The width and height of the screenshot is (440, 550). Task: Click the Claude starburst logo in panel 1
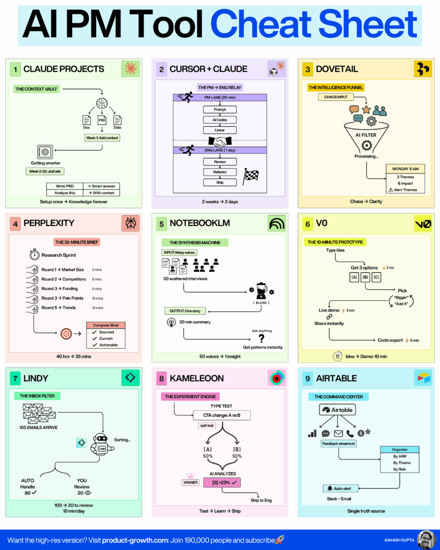(131, 69)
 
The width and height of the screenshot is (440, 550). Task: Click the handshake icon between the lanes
(220, 142)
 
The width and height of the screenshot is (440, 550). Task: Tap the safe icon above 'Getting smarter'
(45, 151)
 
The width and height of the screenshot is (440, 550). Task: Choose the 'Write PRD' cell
(64, 186)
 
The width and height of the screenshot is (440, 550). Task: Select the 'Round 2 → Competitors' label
(63, 279)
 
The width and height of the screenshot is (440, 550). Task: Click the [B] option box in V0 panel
(365, 277)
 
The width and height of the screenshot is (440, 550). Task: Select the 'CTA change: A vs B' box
(221, 415)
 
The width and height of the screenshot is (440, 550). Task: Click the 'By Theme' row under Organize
(399, 462)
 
